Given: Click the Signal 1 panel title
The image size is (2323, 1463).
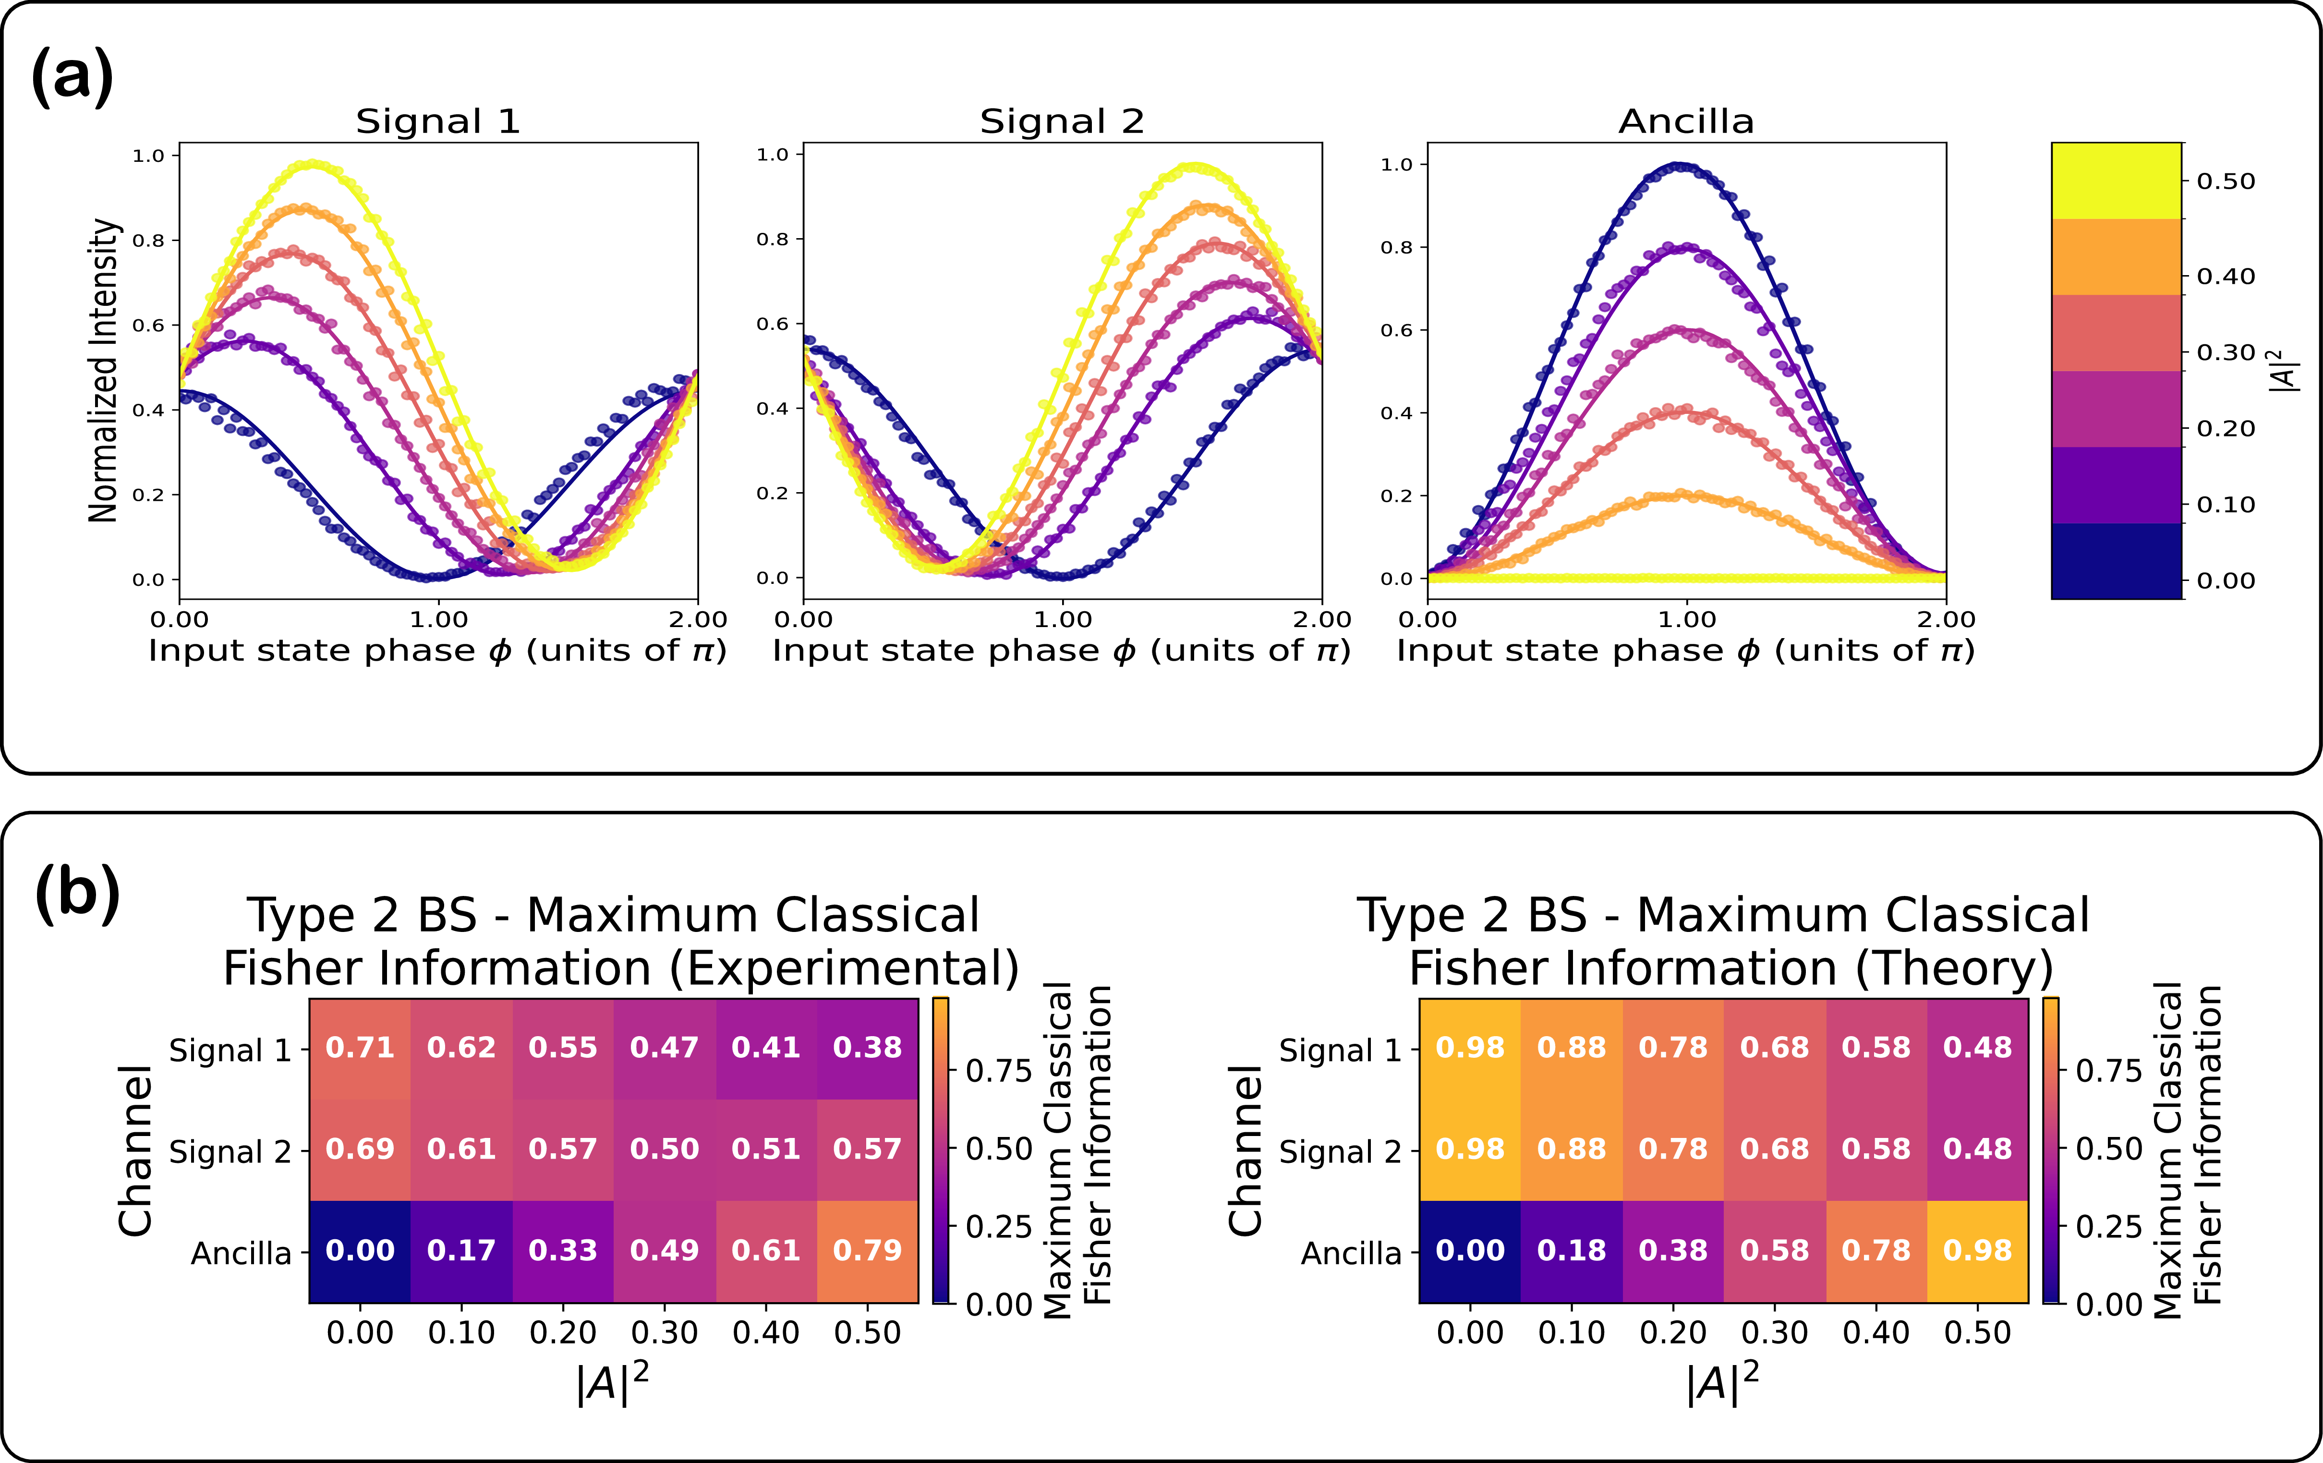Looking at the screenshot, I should [438, 121].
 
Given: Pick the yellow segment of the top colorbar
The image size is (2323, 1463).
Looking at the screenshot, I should [2116, 181].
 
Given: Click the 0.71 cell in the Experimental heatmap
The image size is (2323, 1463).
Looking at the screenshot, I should [360, 1048].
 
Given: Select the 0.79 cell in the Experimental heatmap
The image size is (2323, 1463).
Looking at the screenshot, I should [867, 1251].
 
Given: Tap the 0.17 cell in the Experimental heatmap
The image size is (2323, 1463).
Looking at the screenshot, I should [461, 1251].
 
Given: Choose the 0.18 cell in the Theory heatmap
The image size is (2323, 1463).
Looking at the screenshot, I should [1572, 1251].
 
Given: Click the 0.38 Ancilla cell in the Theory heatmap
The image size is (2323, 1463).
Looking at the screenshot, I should [1673, 1251].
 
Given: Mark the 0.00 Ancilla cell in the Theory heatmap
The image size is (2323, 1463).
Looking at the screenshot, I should [1469, 1251].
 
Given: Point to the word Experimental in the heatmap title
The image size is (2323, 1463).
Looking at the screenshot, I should [843, 968].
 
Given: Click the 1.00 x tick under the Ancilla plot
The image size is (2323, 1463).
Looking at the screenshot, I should [1686, 619].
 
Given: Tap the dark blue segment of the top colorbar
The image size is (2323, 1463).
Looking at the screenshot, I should [2116, 561].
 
